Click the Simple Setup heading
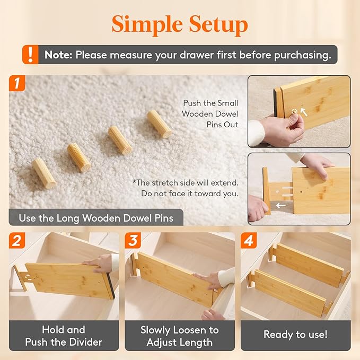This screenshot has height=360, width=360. point(180,24)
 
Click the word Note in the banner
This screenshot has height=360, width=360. point(58,55)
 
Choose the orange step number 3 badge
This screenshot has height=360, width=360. point(133,241)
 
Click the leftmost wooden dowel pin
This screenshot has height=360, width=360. point(43,173)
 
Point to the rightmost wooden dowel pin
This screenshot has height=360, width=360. point(159,124)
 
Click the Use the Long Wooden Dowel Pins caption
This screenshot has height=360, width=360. point(95,218)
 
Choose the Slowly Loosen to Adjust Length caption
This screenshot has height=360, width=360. point(179,336)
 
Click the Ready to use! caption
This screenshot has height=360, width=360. point(295,335)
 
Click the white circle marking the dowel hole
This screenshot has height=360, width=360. point(295,112)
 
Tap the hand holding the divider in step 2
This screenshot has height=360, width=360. point(101,262)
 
